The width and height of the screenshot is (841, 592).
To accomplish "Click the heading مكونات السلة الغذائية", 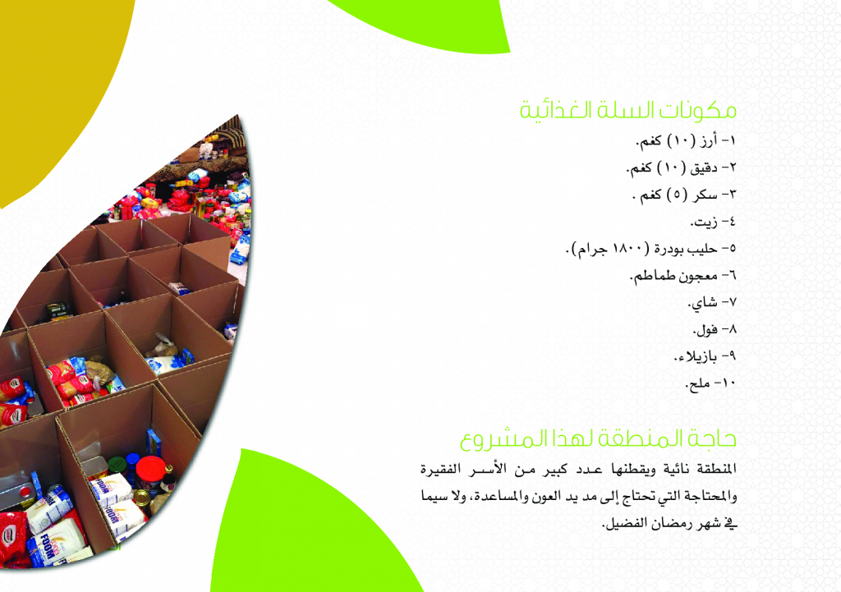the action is click(628, 111).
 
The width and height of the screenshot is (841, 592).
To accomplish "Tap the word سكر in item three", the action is click(705, 195).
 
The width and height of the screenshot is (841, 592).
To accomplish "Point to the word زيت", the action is click(704, 222).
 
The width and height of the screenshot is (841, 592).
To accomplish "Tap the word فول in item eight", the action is click(706, 329).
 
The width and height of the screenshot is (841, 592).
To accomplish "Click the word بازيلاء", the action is click(696, 356).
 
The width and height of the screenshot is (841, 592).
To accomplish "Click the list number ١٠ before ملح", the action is click(729, 383).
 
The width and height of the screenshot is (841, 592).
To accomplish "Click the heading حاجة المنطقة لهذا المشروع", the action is click(598, 438).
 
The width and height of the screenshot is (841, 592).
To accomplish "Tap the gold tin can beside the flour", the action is click(141, 498).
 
